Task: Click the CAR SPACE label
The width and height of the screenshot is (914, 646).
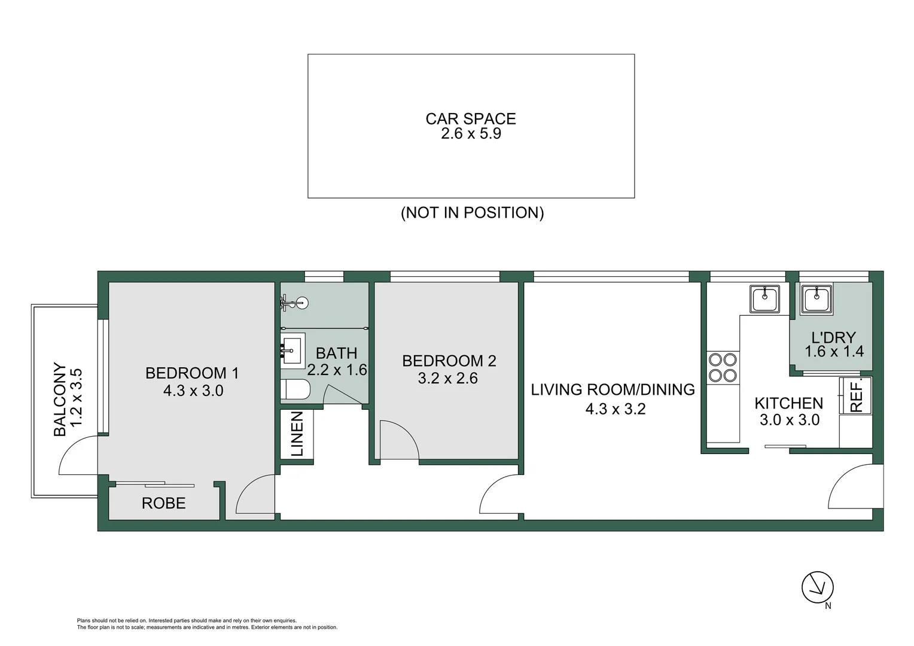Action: (471, 118)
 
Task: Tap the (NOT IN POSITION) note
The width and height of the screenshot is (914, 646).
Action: (472, 213)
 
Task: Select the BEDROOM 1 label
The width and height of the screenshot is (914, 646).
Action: (192, 373)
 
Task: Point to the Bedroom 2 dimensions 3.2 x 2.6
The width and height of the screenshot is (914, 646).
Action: (447, 379)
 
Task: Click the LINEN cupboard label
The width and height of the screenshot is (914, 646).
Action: (297, 434)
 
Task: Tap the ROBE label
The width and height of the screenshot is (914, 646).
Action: (163, 504)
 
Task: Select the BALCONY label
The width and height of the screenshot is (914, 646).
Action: (60, 399)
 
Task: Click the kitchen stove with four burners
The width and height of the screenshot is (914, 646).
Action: (723, 367)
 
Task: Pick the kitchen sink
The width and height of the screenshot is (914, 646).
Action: (765, 298)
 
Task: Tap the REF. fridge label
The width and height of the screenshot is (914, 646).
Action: (856, 395)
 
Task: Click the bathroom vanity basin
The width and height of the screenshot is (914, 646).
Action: (293, 349)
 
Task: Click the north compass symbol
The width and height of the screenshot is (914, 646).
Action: (817, 587)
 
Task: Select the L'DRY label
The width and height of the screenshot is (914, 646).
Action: (833, 337)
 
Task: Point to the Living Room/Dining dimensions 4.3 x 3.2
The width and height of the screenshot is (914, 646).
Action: (615, 409)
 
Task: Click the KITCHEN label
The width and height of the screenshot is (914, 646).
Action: (788, 403)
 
